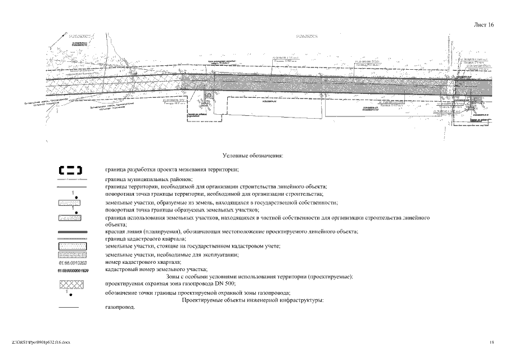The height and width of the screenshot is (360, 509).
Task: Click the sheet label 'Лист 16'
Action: pyautogui.click(x=484, y=25)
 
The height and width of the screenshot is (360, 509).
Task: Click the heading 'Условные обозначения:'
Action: pyautogui.click(x=253, y=154)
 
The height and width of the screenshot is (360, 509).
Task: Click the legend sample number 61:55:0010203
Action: pyautogui.click(x=71, y=263)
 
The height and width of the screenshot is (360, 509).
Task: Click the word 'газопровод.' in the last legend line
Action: pyautogui.click(x=120, y=307)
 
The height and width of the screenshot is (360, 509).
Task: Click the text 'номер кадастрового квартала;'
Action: pyautogui.click(x=143, y=262)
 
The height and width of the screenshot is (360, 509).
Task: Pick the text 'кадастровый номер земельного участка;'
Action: pyautogui.click(x=156, y=269)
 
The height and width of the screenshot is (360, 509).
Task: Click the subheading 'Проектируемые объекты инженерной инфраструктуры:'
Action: pyautogui.click(x=253, y=300)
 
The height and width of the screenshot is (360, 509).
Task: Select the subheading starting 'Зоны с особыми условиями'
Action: pyautogui.click(x=260, y=277)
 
